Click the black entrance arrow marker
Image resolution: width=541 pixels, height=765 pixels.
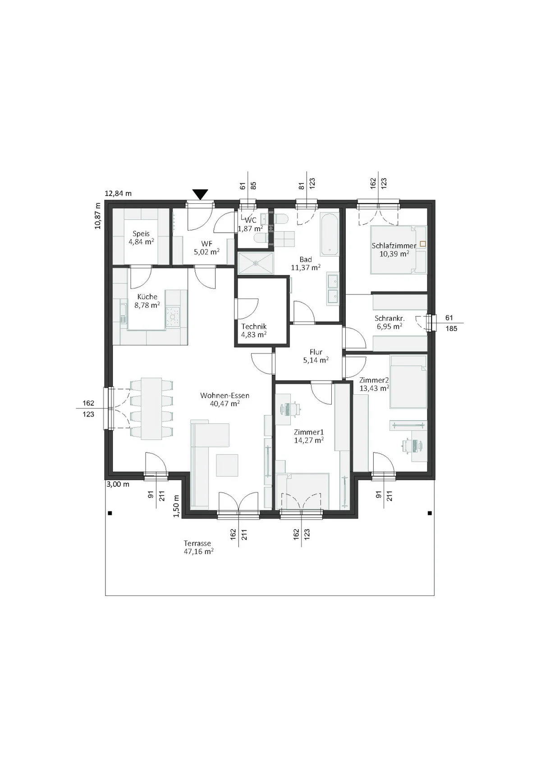tap(200, 195)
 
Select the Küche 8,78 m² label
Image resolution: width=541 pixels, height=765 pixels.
tap(147, 301)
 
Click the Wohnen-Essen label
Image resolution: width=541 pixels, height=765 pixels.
tap(225, 395)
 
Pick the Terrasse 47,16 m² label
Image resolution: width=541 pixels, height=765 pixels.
tap(199, 547)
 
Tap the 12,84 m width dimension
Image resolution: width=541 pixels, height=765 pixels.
tap(118, 193)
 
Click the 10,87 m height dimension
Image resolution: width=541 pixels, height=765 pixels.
tap(98, 215)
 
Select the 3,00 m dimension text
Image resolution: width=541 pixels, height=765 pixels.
tap(118, 484)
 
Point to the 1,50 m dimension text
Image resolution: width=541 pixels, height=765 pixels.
tap(176, 506)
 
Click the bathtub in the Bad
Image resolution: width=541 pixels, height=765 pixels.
tap(329, 234)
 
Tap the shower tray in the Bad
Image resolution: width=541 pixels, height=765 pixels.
tap(256, 263)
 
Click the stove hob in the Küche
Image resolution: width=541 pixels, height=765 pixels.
tap(172, 316)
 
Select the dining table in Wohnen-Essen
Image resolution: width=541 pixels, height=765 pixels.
tap(151, 408)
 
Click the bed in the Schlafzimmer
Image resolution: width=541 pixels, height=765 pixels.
tap(398, 249)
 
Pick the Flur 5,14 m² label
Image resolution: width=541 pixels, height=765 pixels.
tap(316, 356)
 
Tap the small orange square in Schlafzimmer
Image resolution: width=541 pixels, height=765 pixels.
tap(423, 244)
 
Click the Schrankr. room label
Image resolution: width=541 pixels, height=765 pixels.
tap(390, 319)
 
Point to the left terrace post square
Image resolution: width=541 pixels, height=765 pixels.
tap(110, 513)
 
